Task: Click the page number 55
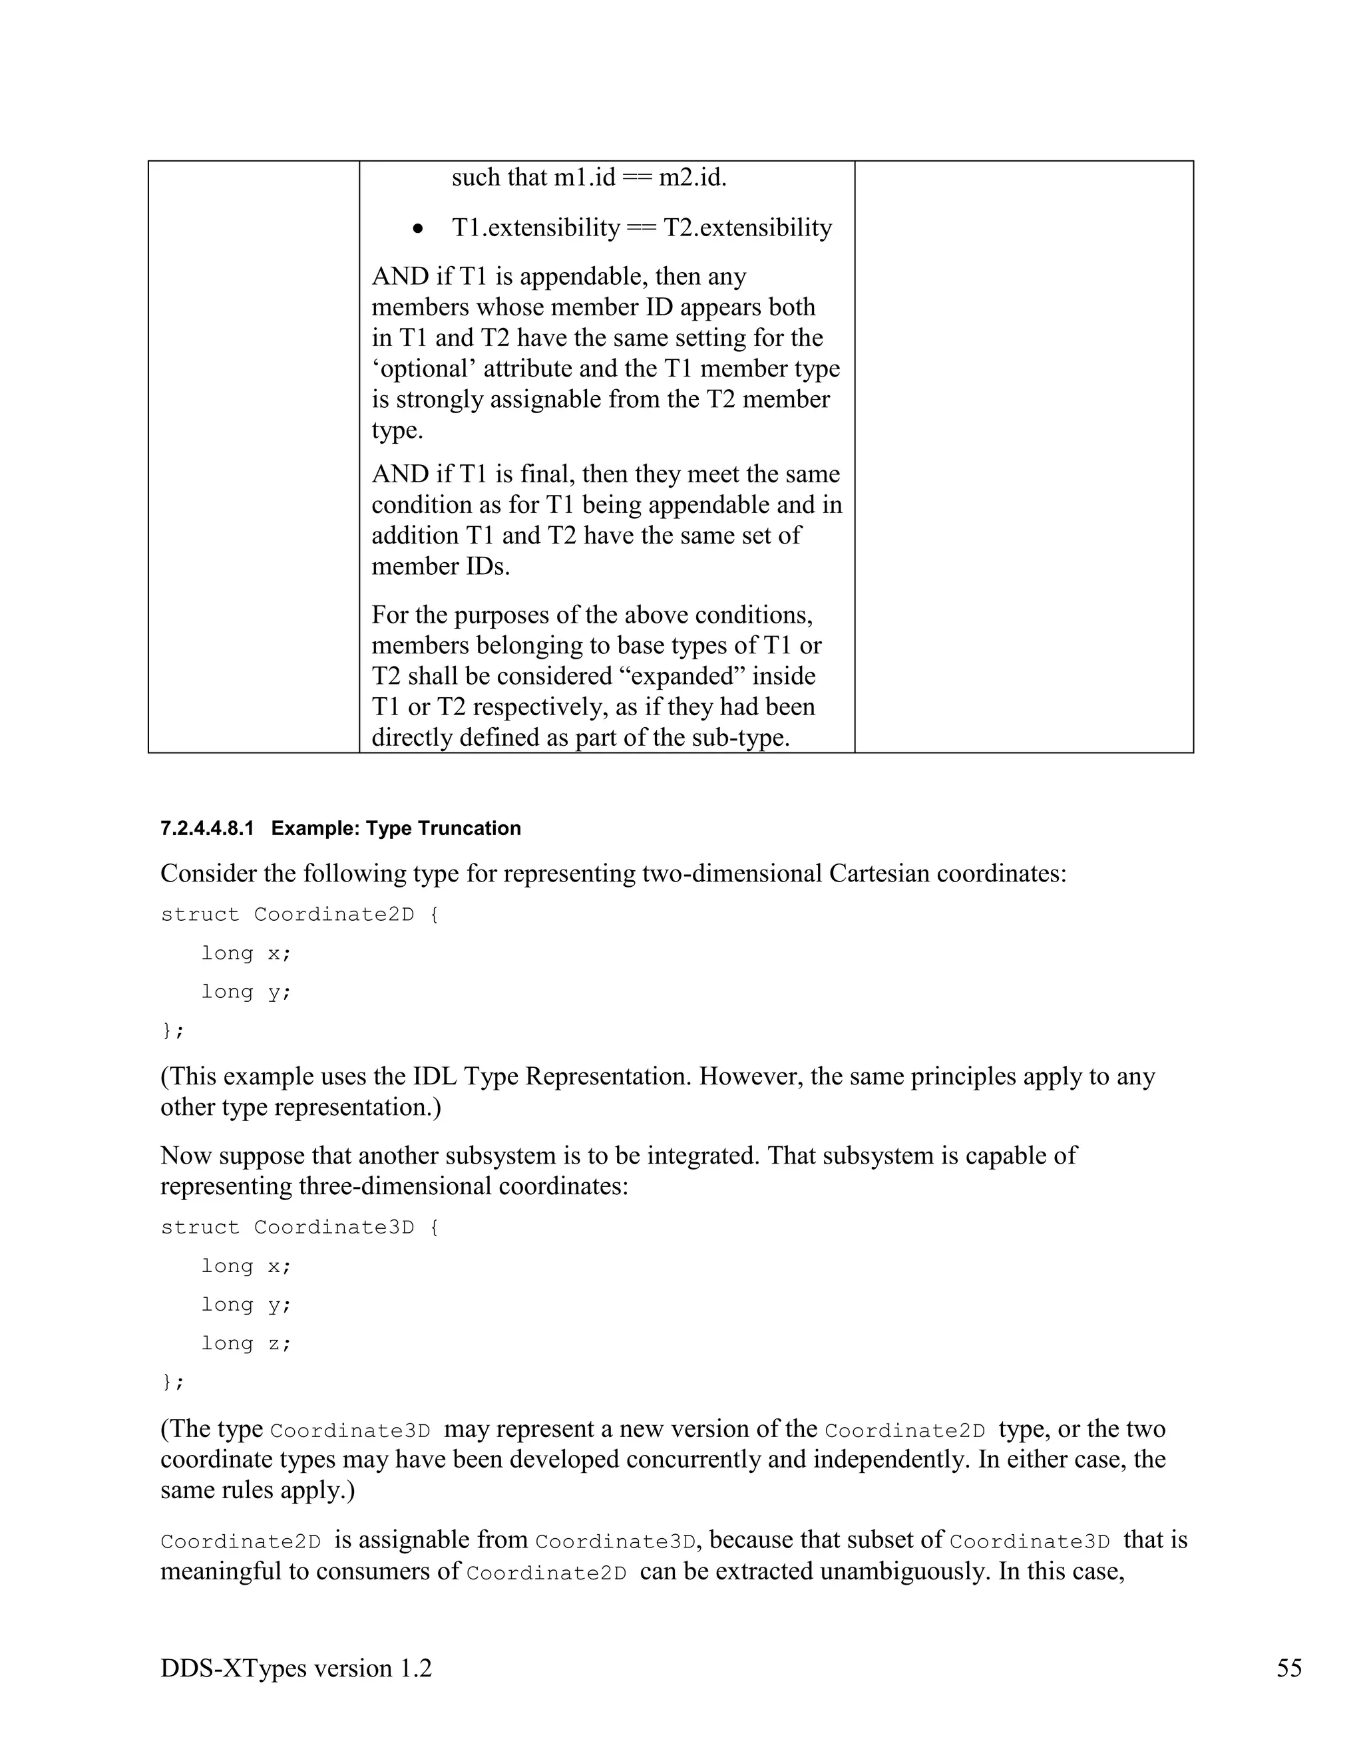coord(1288,1668)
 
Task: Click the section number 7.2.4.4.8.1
coord(207,828)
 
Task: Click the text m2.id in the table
coord(692,177)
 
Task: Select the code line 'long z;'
coord(246,1343)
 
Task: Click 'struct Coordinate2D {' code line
coord(299,914)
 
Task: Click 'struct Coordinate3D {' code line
coord(299,1227)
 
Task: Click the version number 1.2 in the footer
coord(415,1668)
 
